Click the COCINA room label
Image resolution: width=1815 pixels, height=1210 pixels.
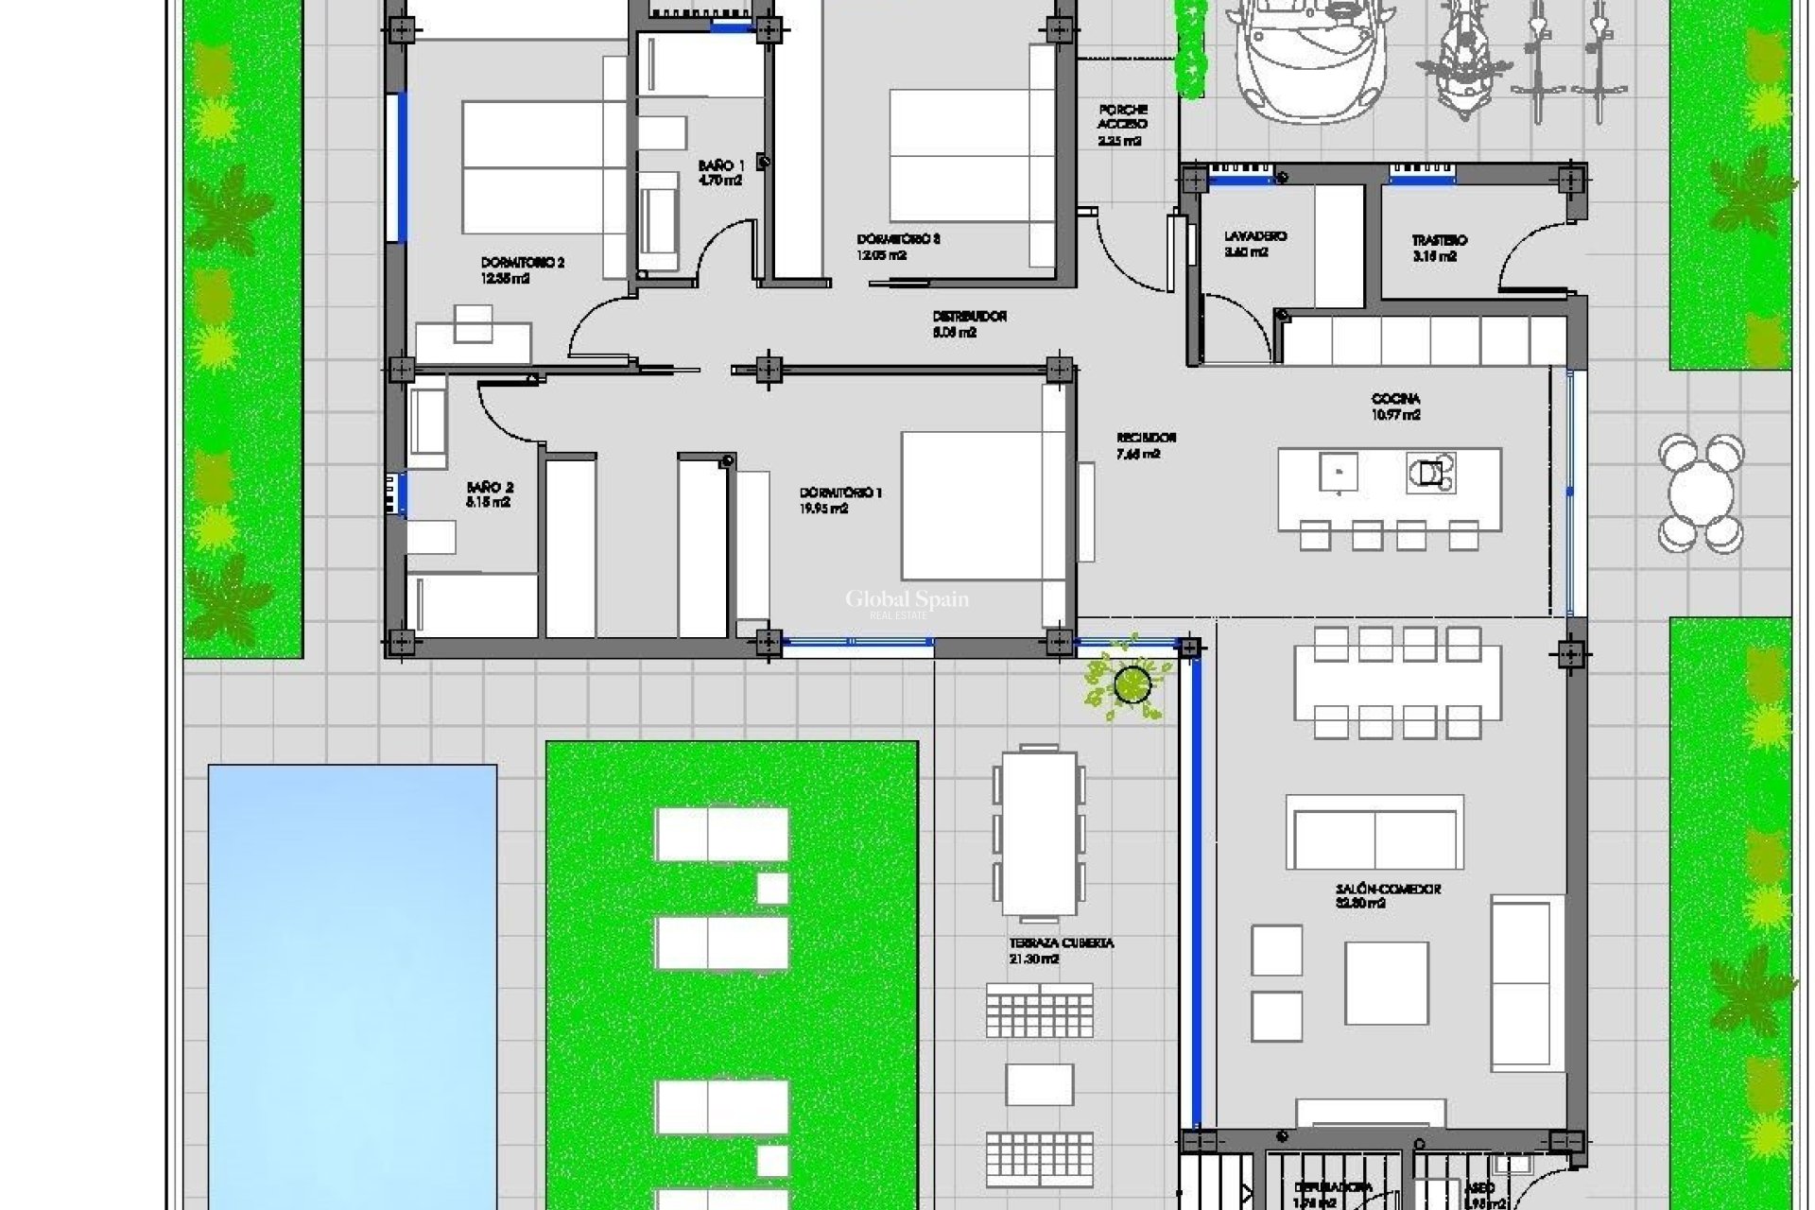(1395, 406)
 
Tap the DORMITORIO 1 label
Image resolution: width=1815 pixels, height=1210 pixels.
(840, 500)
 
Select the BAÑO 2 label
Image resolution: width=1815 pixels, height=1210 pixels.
(490, 494)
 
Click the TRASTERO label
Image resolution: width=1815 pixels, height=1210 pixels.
(1439, 248)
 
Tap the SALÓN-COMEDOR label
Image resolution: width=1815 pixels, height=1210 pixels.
(1387, 895)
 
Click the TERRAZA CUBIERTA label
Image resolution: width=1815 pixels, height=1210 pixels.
(1061, 950)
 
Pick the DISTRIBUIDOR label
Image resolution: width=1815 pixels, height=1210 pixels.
(969, 323)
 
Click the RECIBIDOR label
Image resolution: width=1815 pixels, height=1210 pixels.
(1146, 445)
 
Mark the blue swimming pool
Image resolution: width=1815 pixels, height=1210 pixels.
(352, 983)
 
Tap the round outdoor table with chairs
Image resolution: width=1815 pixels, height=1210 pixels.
(1701, 493)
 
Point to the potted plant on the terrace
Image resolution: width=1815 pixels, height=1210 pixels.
(1131, 683)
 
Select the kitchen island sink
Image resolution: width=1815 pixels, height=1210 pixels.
(1338, 472)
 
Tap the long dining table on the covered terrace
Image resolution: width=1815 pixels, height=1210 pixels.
(1039, 832)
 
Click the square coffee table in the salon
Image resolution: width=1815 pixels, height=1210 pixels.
(1386, 983)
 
